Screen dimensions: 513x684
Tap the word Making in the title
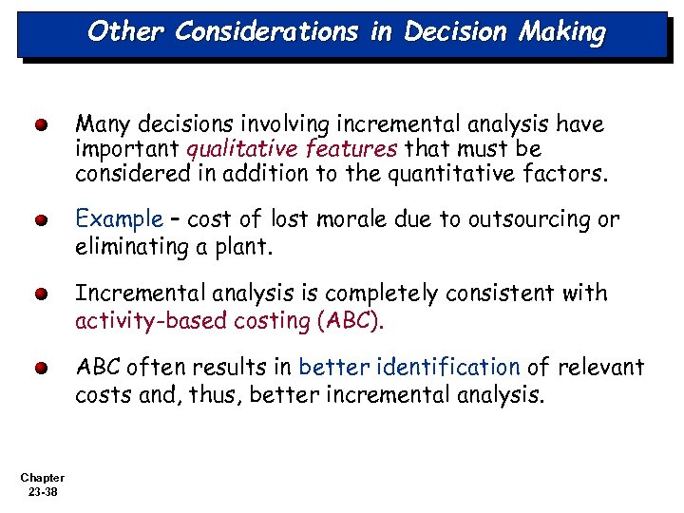coord(562,32)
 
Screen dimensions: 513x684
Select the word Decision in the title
coord(453,32)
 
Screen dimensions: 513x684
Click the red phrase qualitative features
coord(293,149)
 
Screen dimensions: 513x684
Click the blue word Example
coord(120,219)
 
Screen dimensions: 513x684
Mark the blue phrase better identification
coord(409,368)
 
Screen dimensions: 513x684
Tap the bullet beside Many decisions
coord(41,125)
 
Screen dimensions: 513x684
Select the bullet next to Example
coord(41,220)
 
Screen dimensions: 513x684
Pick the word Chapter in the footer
coord(41,478)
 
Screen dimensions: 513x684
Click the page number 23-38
coord(41,491)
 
